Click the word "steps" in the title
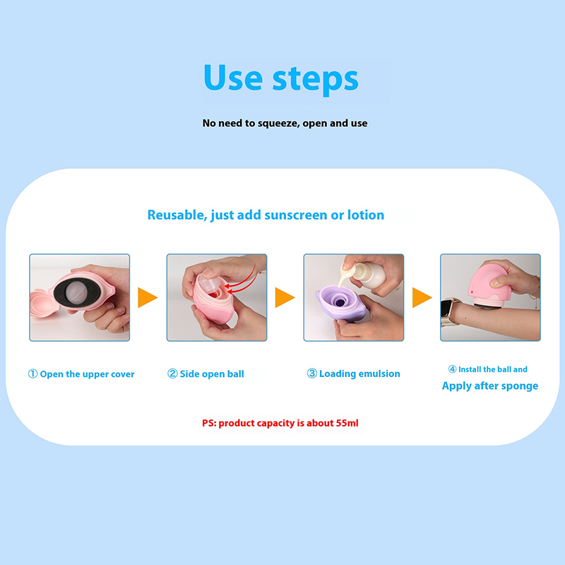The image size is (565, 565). pos(315,80)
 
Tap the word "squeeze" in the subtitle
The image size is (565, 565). pos(278,124)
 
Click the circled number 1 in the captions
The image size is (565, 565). pos(32,374)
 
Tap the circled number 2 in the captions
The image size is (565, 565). pos(172,374)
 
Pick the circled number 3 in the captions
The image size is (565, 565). pos(311,374)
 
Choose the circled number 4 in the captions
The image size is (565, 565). pos(452,369)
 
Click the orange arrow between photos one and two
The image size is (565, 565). pos(148,297)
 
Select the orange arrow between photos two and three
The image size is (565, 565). pos(285,297)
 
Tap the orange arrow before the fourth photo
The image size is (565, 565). pos(422,297)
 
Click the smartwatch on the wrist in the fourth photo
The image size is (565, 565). pos(448,312)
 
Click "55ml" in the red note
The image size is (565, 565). pos(347,423)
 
